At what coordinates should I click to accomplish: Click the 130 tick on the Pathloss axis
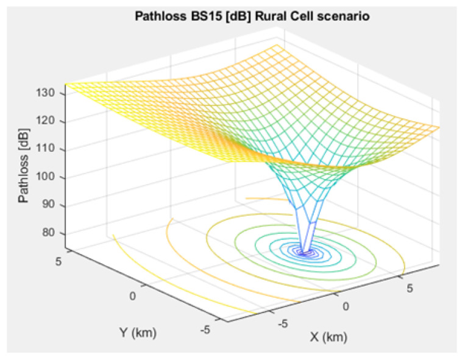[x=49, y=93]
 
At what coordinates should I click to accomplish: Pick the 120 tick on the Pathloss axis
[x=49, y=121]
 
